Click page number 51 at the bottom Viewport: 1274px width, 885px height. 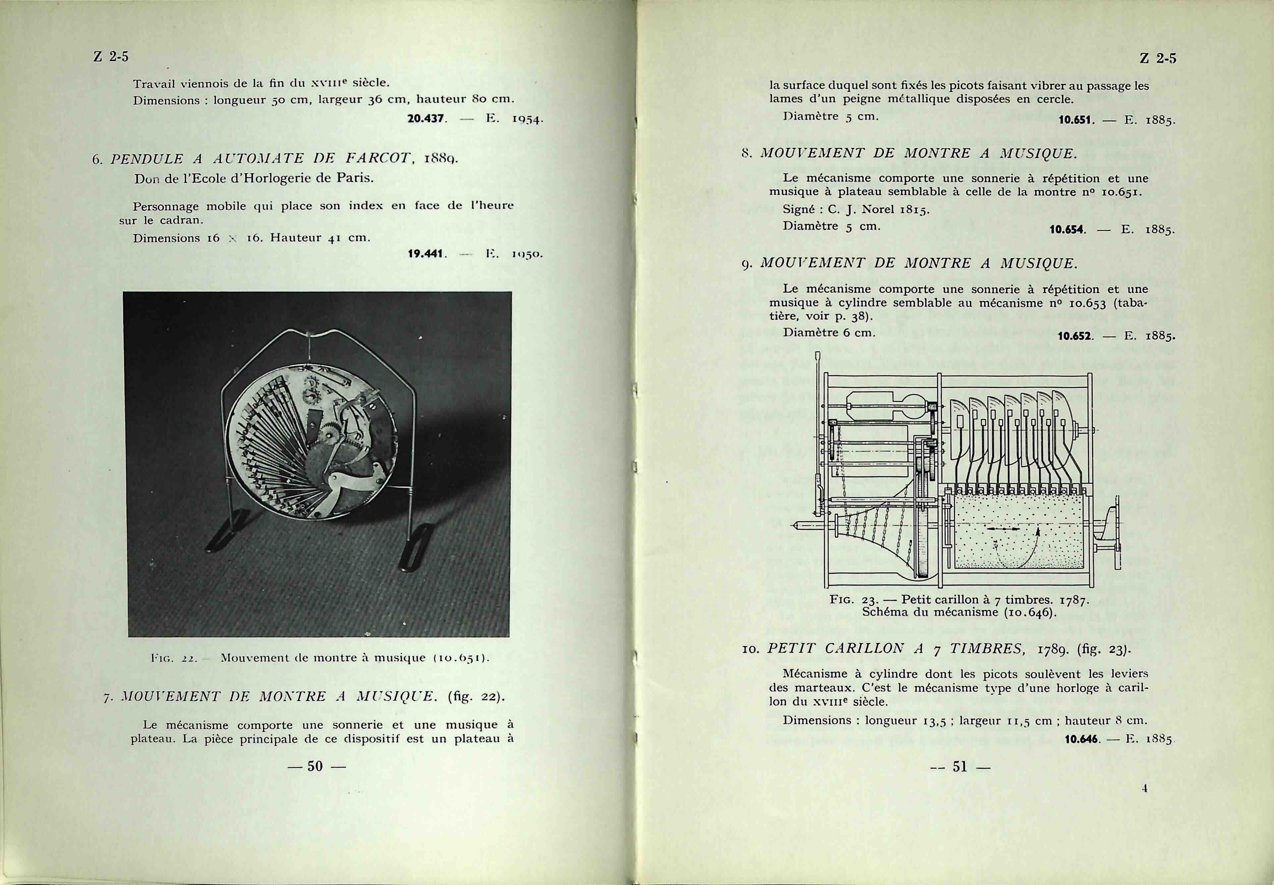click(959, 766)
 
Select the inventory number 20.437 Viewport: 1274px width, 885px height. click(427, 119)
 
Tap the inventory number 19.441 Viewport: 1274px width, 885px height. click(427, 254)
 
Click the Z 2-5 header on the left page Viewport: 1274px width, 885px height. click(110, 57)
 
